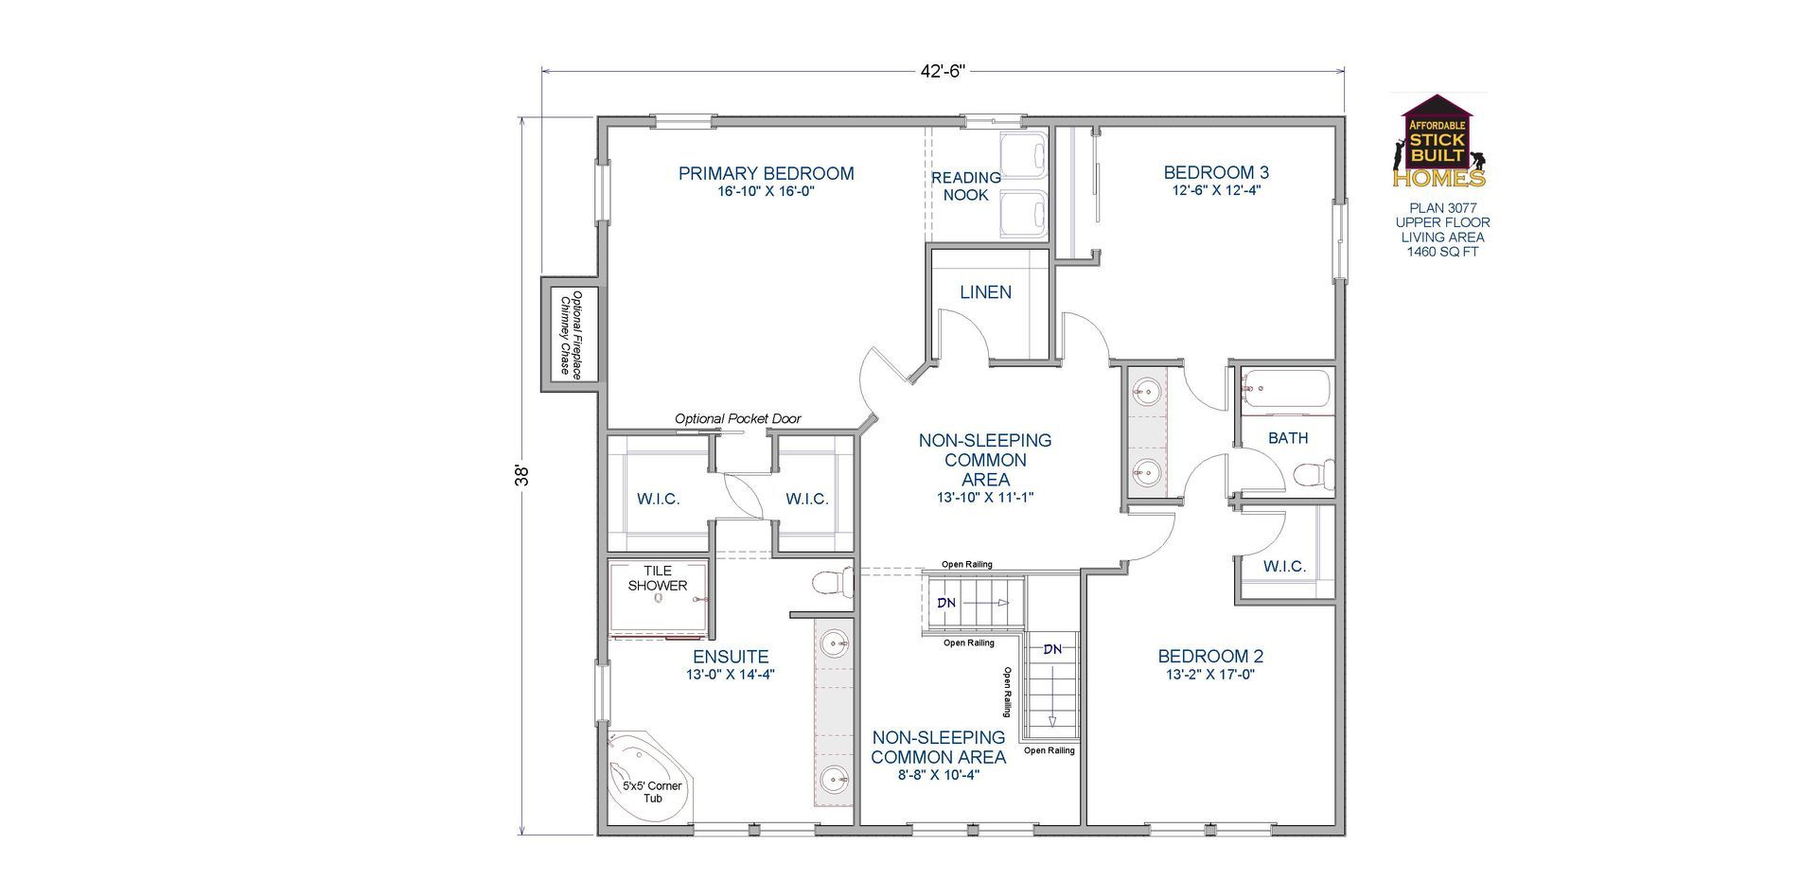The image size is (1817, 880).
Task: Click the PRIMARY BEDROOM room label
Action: click(x=766, y=173)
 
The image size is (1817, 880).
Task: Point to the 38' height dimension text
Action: click(x=520, y=475)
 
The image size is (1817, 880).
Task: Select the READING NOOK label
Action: click(x=965, y=185)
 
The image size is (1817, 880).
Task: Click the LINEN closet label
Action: click(x=985, y=292)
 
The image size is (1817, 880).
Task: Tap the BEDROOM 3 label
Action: click(x=1215, y=172)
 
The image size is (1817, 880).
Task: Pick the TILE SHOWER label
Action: click(x=658, y=577)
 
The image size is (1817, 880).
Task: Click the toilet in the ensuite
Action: click(x=832, y=582)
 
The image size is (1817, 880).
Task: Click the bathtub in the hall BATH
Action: click(x=1286, y=389)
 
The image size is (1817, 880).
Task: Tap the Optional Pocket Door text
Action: click(x=737, y=418)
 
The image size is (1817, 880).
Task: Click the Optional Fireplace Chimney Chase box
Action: click(x=570, y=333)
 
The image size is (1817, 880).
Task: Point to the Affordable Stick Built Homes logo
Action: click(x=1438, y=142)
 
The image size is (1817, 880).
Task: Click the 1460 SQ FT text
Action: click(x=1442, y=252)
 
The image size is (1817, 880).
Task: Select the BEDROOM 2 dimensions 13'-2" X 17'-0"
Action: click(x=1210, y=675)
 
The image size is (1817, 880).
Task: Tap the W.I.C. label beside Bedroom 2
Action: click(x=1284, y=566)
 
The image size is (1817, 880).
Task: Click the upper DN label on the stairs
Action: click(x=946, y=603)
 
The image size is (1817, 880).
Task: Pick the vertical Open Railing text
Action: click(x=1008, y=692)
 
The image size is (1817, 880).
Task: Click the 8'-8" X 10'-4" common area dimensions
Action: click(x=938, y=775)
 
